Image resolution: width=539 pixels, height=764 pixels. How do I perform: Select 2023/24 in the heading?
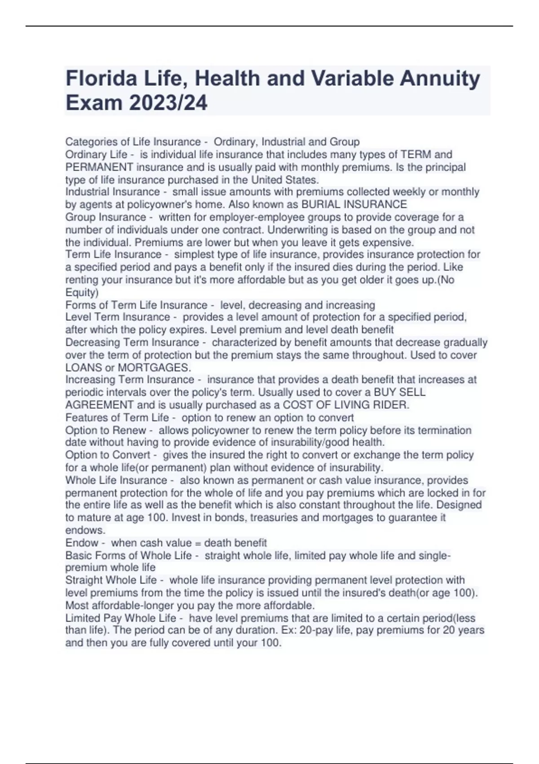168,103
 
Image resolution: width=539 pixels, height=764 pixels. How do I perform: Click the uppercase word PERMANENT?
99,167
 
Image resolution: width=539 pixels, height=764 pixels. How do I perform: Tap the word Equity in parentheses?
81,293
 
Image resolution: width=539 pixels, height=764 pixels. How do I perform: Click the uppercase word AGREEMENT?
100,405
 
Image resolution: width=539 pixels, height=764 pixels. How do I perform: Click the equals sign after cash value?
198,543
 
